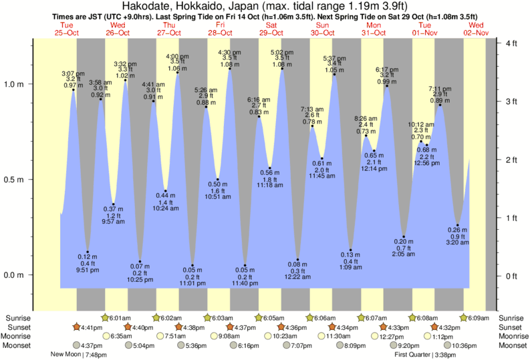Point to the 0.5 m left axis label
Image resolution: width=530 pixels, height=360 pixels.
[13, 180]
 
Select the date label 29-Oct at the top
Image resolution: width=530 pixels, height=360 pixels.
[271, 33]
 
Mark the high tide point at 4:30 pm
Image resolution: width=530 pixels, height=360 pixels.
[230, 68]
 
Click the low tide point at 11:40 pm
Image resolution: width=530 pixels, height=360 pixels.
[245, 265]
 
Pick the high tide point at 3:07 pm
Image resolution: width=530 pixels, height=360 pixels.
[74, 89]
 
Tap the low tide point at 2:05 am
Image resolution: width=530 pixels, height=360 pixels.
[404, 236]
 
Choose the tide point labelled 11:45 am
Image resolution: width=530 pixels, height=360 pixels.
[322, 158]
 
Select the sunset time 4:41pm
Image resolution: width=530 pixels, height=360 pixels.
[92, 327]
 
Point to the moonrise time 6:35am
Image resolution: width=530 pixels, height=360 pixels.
[122, 336]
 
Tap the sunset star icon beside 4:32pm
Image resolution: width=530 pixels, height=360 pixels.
[435, 327]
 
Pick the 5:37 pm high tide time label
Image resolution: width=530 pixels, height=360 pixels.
[334, 58]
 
